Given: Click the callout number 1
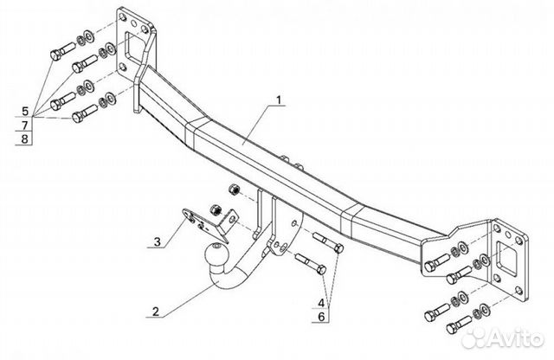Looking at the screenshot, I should pos(280,101).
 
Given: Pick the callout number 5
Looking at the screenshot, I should pos(25,112).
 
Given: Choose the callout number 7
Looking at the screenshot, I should pos(25,125).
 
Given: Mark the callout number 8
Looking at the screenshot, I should pos(25,138).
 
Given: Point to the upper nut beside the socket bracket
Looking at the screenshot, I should pos(231,189).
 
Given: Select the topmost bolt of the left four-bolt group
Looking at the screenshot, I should pos(66,49).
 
